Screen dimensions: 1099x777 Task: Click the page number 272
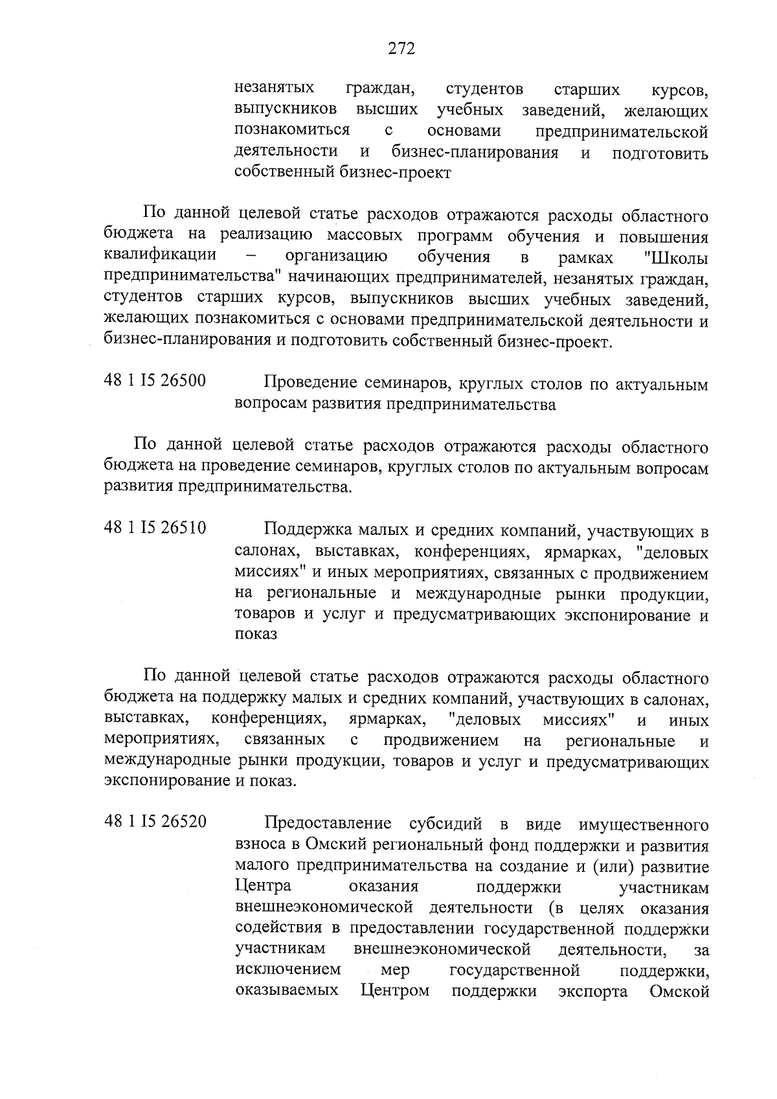pos(401,49)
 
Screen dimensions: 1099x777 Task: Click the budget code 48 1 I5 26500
pos(155,381)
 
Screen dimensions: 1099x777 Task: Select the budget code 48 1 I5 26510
pos(155,528)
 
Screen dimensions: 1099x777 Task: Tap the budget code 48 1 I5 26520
pos(155,822)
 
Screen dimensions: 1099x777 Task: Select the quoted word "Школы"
pos(676,258)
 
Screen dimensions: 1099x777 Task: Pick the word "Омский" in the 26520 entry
pos(333,845)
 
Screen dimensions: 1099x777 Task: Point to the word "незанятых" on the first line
pos(275,89)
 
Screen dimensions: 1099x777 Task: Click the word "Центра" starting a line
pos(263,886)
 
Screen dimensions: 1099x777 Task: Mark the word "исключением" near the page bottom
pos(288,971)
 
